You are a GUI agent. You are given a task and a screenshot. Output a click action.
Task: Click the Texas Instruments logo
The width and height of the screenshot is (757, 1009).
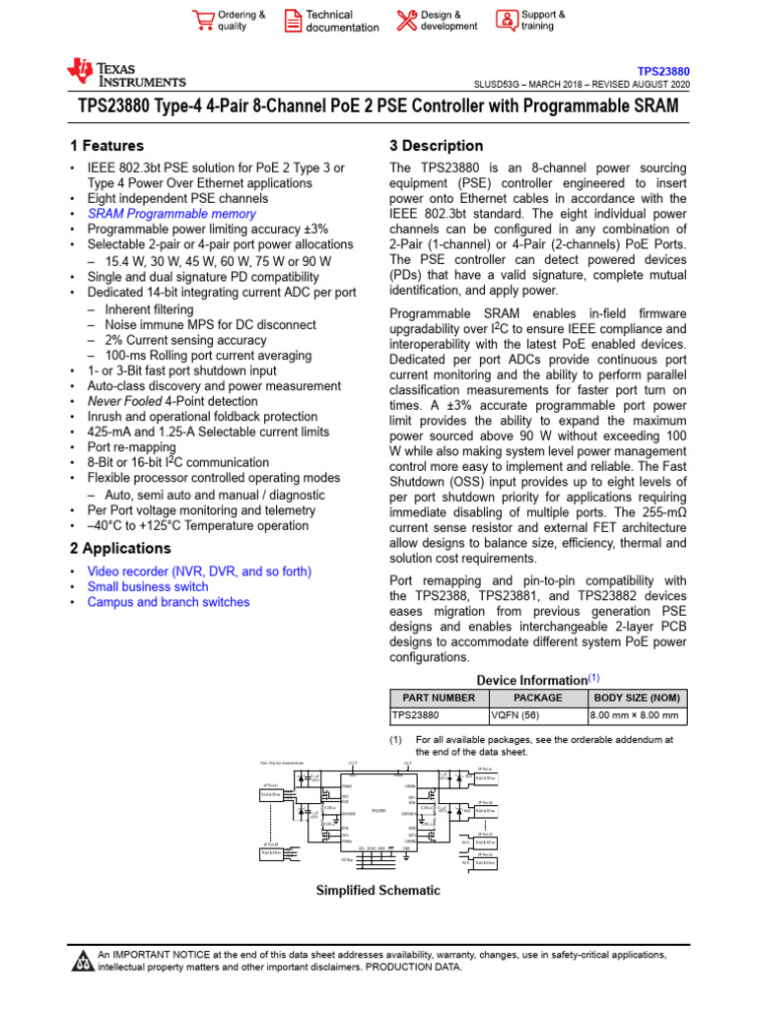(125, 73)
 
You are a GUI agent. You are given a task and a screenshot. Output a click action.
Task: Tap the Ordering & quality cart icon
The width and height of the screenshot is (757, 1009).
(204, 21)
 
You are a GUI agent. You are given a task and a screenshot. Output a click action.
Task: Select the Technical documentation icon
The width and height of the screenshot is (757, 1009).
(293, 21)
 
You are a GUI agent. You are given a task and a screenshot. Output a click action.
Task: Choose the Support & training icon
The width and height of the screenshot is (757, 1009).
(506, 21)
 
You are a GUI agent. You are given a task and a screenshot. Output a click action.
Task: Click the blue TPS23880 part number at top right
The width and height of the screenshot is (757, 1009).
(663, 72)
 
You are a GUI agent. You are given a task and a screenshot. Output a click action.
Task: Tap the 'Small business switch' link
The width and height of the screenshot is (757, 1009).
(148, 586)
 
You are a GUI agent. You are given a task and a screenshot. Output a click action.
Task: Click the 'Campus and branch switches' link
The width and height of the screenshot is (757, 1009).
(169, 602)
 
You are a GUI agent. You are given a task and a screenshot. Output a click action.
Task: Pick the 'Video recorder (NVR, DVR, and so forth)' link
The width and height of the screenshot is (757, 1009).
(199, 572)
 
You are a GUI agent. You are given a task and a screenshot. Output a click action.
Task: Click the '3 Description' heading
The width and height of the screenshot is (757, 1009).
(437, 146)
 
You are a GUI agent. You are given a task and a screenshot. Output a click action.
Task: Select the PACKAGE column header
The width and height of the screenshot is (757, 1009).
(537, 698)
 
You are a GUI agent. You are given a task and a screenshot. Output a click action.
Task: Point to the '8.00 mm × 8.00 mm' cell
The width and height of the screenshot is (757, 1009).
(634, 715)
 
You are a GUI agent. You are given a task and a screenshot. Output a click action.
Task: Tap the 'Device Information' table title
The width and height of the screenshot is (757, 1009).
(532, 680)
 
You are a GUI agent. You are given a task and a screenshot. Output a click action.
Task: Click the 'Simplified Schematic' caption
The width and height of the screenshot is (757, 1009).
(378, 891)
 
